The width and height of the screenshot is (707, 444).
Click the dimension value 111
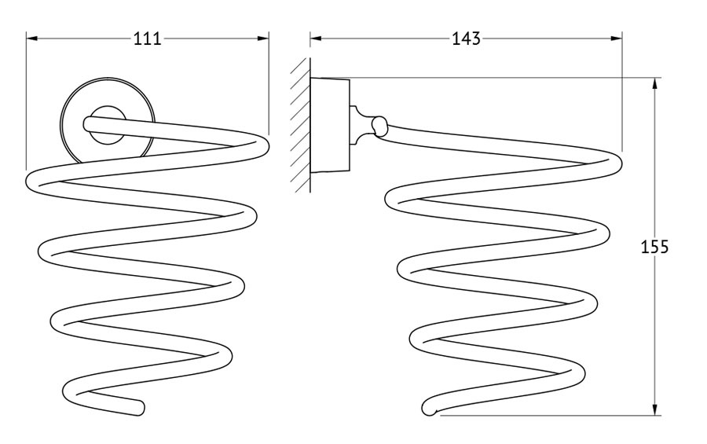148,39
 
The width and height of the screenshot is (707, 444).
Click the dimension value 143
466,39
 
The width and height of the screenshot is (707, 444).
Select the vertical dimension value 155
654,247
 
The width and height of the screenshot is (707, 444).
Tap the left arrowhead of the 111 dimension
31,39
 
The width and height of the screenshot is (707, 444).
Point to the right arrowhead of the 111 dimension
263,39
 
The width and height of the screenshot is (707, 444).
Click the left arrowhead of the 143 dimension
316,39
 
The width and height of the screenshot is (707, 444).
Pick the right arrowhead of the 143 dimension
617,39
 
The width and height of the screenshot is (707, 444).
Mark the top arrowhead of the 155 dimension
654,84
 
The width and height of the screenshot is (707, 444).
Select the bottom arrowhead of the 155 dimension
654,409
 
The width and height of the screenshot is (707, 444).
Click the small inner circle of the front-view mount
108,127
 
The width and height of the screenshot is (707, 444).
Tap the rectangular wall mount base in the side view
330,126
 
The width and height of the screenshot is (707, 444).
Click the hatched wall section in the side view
300,126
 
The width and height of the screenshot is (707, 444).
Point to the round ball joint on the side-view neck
379,127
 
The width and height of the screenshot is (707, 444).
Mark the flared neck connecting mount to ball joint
361,126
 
